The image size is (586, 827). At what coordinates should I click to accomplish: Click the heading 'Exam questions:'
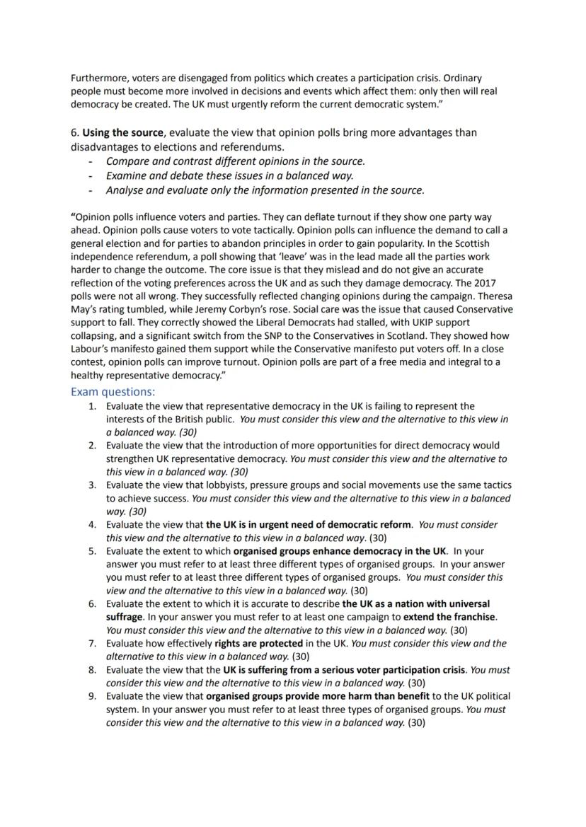coord(113,391)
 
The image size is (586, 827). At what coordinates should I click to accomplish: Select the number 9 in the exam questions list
coord(92,696)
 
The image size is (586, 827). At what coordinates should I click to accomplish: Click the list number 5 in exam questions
coord(92,551)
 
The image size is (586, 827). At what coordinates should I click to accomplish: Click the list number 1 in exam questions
coord(92,406)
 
